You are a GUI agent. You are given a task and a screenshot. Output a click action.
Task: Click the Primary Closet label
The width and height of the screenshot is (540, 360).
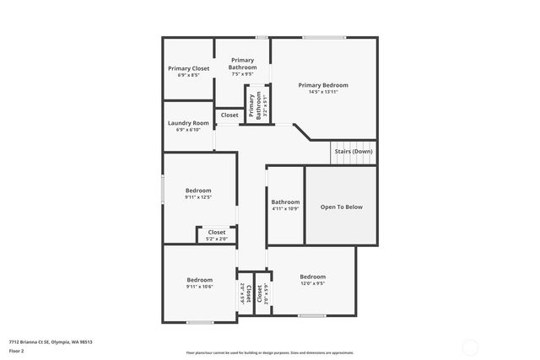click(x=188, y=68)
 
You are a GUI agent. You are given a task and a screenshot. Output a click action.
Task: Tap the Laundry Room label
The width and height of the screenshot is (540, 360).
click(x=188, y=123)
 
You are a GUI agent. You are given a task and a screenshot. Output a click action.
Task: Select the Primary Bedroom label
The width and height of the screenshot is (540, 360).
click(x=322, y=85)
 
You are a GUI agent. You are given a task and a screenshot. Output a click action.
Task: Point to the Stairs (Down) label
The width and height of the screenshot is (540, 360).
click(x=353, y=151)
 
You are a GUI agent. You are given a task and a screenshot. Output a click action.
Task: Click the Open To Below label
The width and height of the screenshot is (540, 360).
click(x=341, y=207)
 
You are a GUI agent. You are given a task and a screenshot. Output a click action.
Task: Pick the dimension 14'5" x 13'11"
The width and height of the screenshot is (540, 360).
click(x=322, y=92)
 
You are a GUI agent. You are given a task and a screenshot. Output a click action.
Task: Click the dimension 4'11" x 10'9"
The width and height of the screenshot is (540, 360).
click(x=285, y=208)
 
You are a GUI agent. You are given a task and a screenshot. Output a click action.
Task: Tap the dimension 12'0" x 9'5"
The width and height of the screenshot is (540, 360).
click(x=312, y=283)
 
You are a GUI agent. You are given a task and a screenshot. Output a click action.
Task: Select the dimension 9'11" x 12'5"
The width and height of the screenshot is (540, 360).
click(x=199, y=197)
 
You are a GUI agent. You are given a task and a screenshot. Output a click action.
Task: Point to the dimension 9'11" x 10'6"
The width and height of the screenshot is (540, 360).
click(x=199, y=287)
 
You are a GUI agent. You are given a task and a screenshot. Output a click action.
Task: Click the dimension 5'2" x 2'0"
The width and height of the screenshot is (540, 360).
click(x=217, y=239)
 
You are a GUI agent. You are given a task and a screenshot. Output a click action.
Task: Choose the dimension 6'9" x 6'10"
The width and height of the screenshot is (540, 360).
click(x=188, y=130)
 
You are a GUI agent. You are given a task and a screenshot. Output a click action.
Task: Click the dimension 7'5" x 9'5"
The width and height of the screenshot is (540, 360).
click(x=242, y=74)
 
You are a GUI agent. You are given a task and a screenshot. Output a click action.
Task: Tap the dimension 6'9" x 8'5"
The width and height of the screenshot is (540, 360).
click(x=188, y=75)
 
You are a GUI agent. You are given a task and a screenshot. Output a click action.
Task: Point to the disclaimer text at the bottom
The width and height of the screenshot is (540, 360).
click(x=270, y=352)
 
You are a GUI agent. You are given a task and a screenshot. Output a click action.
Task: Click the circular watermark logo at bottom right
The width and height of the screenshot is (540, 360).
click(x=470, y=346)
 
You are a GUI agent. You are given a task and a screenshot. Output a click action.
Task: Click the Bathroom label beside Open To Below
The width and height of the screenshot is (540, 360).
click(x=285, y=201)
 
